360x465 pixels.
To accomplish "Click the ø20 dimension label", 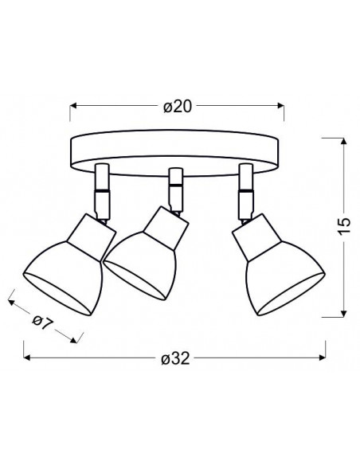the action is click(178, 107).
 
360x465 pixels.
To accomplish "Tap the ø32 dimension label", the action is click(175, 359).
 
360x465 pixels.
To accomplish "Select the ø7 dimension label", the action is click(42, 323).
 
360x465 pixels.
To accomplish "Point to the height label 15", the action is click(344, 227).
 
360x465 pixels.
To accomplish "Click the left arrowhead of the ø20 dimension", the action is click(73, 106).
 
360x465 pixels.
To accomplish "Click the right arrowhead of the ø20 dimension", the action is click(280, 106).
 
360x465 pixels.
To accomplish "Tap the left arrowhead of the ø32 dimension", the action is click(27, 358).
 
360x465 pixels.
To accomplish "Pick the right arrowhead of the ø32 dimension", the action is click(323, 358).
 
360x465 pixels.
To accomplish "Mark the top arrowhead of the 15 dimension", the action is click(344, 142).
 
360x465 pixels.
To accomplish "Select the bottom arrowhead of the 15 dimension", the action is click(344, 313).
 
